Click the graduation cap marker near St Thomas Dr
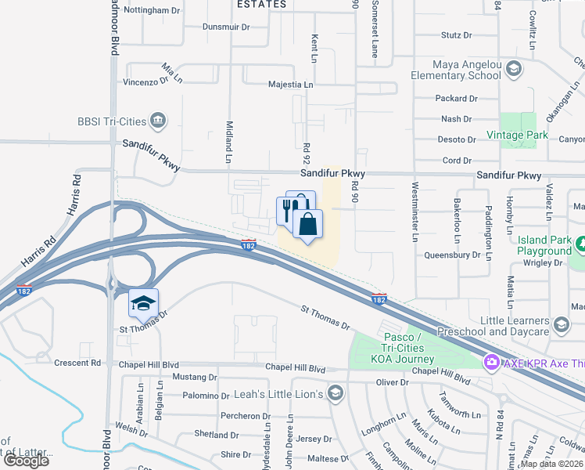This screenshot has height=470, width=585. pyautogui.click(x=144, y=302)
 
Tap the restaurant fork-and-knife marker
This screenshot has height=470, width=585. pyautogui.click(x=287, y=210)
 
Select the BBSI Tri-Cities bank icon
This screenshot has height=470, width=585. pyautogui.click(x=158, y=121)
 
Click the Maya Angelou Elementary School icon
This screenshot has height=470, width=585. pyautogui.click(x=514, y=68)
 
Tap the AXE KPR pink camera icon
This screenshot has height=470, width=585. pyautogui.click(x=491, y=361)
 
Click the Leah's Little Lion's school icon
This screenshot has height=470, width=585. pyautogui.click(x=336, y=392)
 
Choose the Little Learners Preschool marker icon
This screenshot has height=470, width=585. pyautogui.click(x=561, y=324)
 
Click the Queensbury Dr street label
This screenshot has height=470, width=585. pyautogui.click(x=452, y=255)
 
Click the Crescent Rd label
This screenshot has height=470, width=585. pyautogui.click(x=78, y=363)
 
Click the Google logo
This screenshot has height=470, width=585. pyautogui.click(x=26, y=460)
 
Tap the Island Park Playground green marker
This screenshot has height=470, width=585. pyautogui.click(x=580, y=245)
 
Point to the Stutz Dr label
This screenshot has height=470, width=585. pyautogui.click(x=457, y=35)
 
